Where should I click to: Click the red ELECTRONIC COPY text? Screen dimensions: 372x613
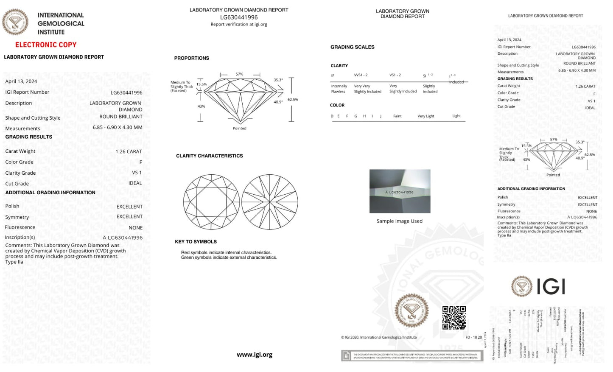point(46,45)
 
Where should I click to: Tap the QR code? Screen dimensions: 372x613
point(454,318)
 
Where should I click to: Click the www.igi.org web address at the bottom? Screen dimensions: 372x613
point(255,355)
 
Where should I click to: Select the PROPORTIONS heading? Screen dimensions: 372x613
point(192,58)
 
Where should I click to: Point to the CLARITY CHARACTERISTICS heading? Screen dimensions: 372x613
point(210,156)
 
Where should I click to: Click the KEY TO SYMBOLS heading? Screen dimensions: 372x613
point(196,242)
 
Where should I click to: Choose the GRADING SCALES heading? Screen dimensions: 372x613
point(353,47)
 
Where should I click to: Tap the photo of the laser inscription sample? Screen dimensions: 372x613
point(400,191)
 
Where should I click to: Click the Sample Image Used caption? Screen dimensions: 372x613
point(400,221)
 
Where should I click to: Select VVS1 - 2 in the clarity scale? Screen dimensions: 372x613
point(361,75)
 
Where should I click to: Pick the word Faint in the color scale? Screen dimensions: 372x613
point(397,116)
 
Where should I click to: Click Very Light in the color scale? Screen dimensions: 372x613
point(426,116)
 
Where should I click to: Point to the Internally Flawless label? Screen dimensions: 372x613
point(339,89)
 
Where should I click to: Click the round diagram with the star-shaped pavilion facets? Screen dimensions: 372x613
point(270,202)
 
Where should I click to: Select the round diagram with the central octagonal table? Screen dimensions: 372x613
point(211,202)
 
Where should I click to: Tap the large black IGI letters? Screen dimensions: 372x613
point(551,287)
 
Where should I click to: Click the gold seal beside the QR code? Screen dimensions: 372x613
point(411,310)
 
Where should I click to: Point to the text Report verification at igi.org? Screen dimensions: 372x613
point(239,24)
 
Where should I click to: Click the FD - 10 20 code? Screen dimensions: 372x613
point(473,338)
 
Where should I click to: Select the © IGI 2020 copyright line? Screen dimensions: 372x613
point(379,338)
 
